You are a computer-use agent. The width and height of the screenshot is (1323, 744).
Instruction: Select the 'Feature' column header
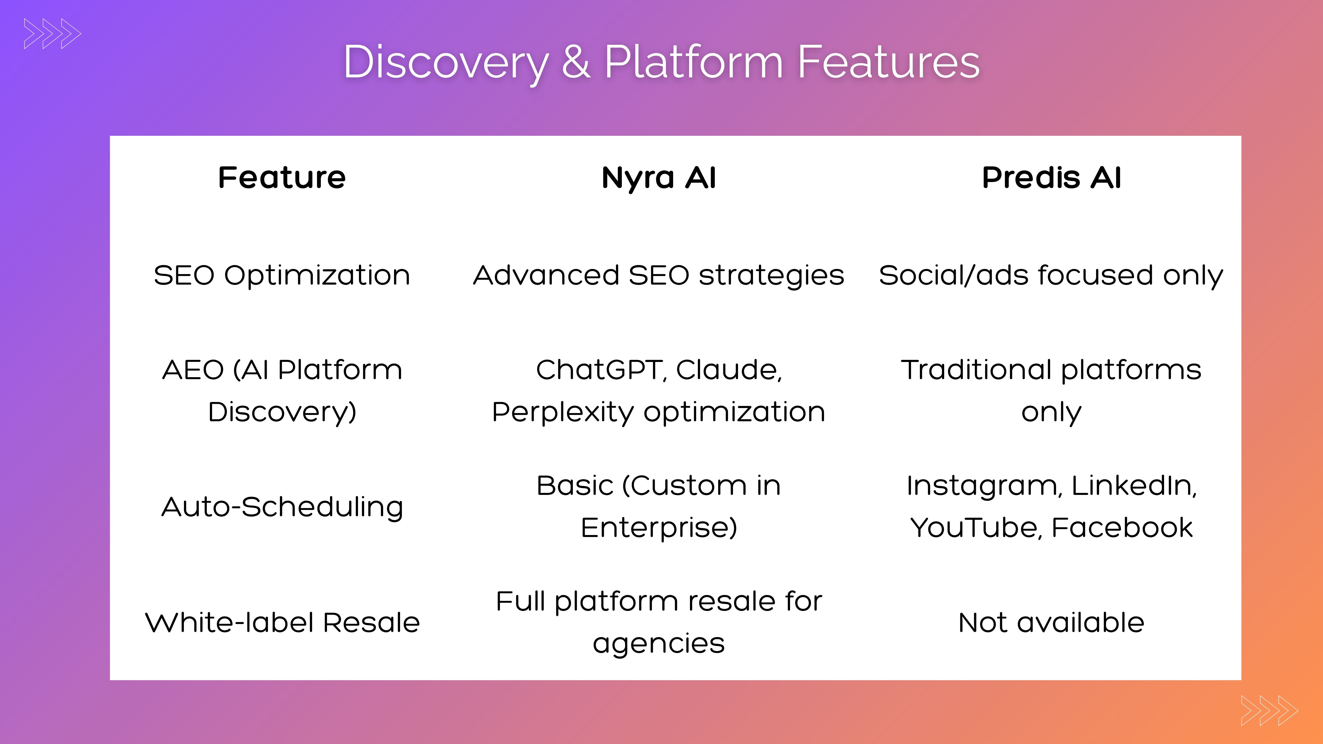pos(282,178)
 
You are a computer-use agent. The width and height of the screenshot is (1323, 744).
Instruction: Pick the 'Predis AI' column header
pos(1051,178)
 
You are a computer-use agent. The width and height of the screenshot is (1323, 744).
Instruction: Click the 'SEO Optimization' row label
pos(282,275)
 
